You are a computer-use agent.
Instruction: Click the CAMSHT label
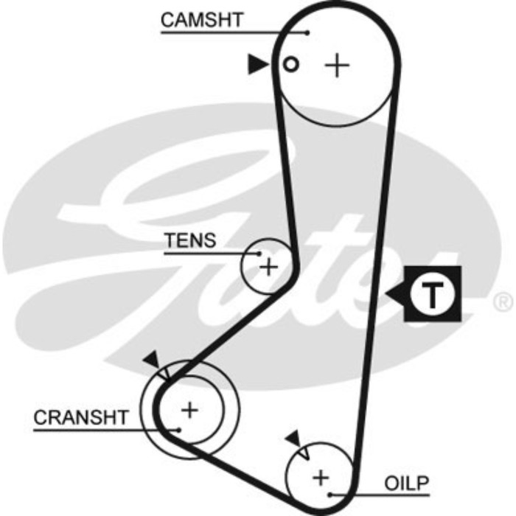click(x=201, y=20)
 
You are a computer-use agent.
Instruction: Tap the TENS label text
click(x=190, y=240)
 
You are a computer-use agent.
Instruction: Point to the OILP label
click(x=406, y=484)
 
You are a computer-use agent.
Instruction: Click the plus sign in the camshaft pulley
click(x=338, y=66)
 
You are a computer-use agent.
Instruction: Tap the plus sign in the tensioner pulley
click(x=270, y=266)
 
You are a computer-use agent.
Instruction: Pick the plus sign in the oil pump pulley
click(x=321, y=477)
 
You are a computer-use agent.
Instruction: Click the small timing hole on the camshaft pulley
click(x=291, y=65)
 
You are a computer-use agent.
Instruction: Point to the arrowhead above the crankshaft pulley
click(x=153, y=360)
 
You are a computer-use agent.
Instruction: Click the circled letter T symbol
click(x=433, y=294)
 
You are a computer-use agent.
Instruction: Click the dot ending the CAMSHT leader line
click(x=307, y=32)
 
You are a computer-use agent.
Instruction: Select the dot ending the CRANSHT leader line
click(x=178, y=428)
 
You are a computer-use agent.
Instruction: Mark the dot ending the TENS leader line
click(x=259, y=254)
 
